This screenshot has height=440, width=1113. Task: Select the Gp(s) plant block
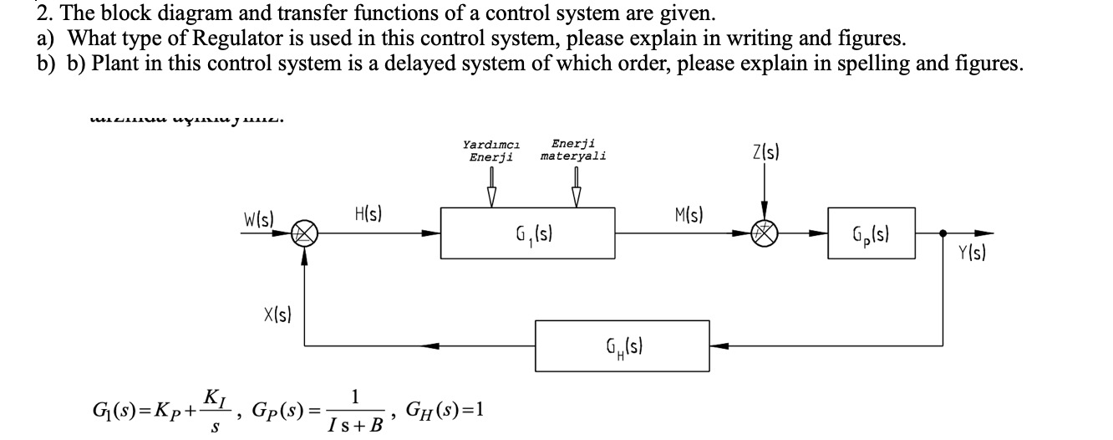click(x=872, y=233)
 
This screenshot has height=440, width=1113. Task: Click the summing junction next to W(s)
click(x=303, y=233)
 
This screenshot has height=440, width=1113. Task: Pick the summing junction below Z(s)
click(x=762, y=233)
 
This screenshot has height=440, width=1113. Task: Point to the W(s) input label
click(x=260, y=219)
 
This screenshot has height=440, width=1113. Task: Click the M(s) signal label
click(x=689, y=215)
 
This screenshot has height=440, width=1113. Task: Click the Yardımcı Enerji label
click(x=490, y=151)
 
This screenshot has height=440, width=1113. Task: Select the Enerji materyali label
click(x=573, y=151)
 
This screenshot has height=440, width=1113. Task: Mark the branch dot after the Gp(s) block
click(x=943, y=233)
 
